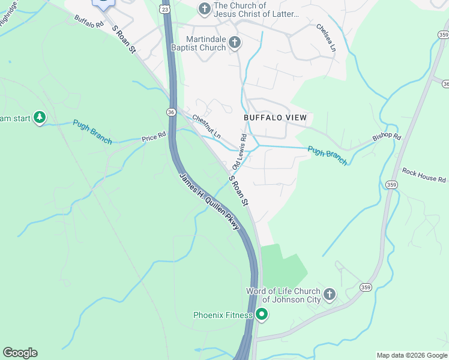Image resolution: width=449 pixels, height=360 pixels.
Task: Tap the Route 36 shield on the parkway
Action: click(x=171, y=112)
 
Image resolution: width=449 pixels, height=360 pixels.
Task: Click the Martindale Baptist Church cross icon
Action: click(x=235, y=42)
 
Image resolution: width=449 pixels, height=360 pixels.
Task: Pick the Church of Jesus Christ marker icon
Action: click(x=204, y=9)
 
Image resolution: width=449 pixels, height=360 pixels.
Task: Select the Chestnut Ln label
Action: click(x=206, y=127)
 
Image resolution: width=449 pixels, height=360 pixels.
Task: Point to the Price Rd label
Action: click(x=153, y=137)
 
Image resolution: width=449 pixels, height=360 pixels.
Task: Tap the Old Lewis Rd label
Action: click(x=239, y=151)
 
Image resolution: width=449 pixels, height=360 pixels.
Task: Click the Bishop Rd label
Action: click(x=386, y=136)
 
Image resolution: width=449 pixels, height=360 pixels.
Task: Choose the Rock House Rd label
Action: click(x=424, y=175)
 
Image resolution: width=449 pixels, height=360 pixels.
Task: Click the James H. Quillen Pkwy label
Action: click(x=210, y=202)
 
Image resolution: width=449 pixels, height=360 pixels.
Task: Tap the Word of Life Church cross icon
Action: click(x=329, y=295)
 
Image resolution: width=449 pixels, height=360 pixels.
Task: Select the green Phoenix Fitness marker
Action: click(x=261, y=314)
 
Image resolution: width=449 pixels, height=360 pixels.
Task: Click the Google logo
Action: click(x=20, y=353)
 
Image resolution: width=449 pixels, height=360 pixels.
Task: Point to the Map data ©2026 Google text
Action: click(x=411, y=355)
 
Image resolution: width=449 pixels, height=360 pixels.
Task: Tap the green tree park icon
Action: click(x=40, y=118)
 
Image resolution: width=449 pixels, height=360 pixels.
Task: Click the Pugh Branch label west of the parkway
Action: click(x=92, y=131)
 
